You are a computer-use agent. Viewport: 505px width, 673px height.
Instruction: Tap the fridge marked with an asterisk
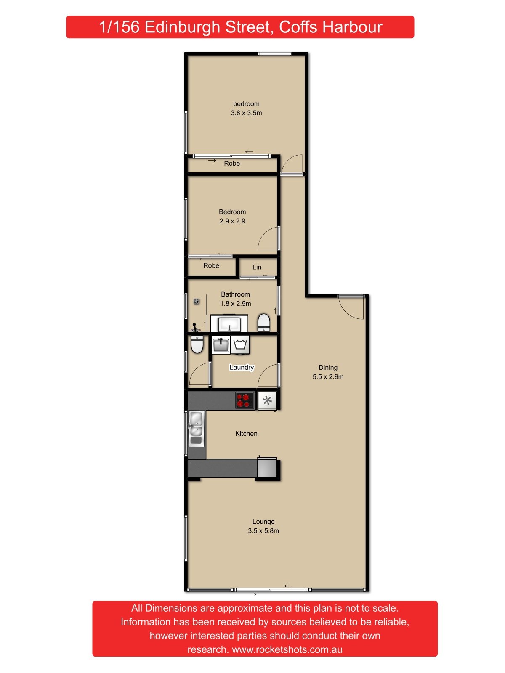(267, 400)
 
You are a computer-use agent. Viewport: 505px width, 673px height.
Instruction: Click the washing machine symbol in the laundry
(240, 344)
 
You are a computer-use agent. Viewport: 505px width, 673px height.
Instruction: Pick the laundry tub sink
(221, 345)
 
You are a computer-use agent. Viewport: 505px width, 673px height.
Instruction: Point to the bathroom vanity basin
(229, 324)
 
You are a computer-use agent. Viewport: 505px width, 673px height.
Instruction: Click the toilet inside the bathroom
(264, 322)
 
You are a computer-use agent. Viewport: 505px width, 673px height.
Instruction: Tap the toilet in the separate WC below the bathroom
(197, 344)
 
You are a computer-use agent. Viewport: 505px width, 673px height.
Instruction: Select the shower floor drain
(196, 301)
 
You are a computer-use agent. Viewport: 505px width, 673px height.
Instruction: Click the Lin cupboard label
(257, 267)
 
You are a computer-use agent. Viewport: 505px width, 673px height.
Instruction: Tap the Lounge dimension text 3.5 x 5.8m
(263, 531)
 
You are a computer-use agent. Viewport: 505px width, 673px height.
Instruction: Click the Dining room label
(328, 368)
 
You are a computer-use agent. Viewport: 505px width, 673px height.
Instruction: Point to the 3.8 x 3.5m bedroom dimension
(246, 113)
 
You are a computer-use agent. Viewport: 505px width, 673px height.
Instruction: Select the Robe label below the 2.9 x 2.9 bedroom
(211, 266)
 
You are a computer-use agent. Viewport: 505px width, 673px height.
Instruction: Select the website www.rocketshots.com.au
(287, 649)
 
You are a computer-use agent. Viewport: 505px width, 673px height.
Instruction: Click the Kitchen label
(246, 434)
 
